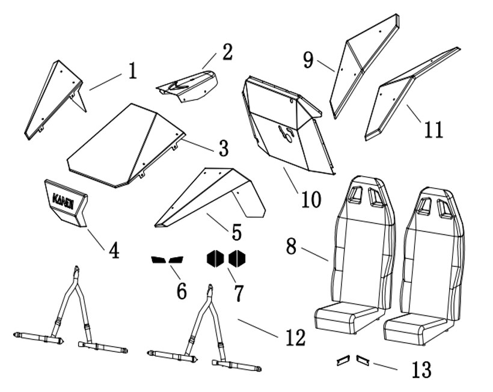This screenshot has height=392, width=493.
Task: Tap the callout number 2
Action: click(x=226, y=52)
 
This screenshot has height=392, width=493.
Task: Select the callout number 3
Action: click(x=223, y=147)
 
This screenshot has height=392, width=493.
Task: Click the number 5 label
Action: click(x=236, y=231)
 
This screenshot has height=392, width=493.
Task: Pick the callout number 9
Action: click(x=308, y=60)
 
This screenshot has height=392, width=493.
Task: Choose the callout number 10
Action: click(x=311, y=199)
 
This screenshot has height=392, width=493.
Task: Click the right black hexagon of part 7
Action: click(x=237, y=259)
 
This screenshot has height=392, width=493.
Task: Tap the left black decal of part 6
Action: click(x=158, y=260)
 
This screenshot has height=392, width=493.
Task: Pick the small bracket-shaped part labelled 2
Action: click(x=188, y=85)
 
